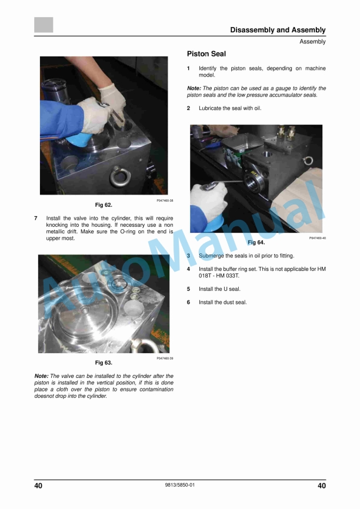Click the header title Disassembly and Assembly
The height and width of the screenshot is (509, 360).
(278, 30)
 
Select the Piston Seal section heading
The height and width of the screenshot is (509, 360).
(206, 54)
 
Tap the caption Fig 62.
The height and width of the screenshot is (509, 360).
(104, 205)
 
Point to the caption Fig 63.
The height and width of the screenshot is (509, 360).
(104, 363)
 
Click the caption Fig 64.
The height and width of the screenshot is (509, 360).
(256, 242)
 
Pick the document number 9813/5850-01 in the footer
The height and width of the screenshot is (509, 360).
(180, 485)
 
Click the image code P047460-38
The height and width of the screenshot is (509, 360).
(163, 200)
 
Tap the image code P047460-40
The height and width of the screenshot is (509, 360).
(317, 238)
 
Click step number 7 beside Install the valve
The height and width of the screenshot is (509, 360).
(36, 217)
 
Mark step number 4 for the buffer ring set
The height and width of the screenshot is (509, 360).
(188, 269)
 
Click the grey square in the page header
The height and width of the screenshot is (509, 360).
(44, 25)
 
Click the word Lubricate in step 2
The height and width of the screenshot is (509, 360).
(212, 108)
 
